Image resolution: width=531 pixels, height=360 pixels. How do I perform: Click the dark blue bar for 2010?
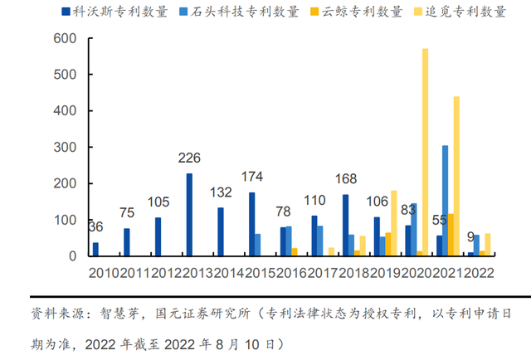(x=95, y=249)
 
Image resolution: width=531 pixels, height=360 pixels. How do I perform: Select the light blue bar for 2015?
(x=257, y=245)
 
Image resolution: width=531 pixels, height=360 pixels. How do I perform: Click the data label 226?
(x=189, y=158)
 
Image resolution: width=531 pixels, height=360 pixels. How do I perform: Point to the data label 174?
(x=252, y=178)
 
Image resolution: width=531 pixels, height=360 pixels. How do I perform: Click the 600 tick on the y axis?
(x=66, y=39)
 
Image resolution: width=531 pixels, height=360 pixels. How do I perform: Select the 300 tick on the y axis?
(x=66, y=147)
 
